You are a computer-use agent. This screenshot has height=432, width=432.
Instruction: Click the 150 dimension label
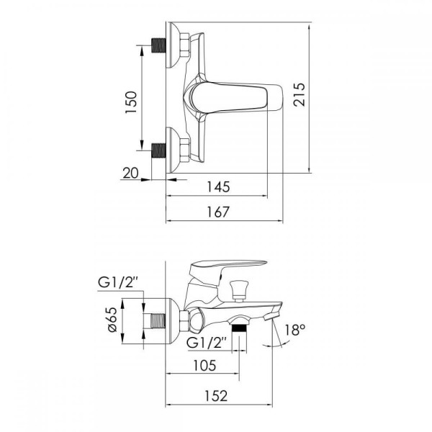pos(132,102)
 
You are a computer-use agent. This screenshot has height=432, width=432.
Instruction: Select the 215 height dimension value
pos(300,94)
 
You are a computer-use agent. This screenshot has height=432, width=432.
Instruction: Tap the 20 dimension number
pos(130,174)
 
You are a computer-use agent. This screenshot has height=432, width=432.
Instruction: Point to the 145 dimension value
pos(218,186)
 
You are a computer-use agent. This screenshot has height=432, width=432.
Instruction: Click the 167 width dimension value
pos(218,212)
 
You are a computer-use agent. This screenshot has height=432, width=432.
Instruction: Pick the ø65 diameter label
pos(112,320)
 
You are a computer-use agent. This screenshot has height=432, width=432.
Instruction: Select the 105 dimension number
pos(204,366)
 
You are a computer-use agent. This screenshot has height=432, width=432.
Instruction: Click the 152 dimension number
pos(216,396)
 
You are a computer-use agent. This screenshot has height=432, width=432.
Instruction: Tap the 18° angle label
pos(294,330)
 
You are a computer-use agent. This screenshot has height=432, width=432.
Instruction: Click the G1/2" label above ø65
pos(118,282)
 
